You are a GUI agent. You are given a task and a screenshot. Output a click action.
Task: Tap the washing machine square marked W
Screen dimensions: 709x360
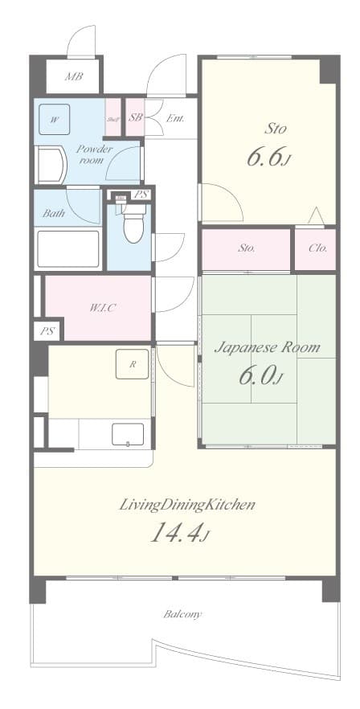point(54,120)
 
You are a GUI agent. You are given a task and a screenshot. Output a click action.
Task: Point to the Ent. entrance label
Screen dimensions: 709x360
point(175,119)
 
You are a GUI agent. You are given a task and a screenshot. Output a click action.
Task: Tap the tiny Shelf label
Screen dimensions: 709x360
point(112,120)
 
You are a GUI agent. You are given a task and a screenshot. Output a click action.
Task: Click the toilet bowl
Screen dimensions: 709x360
point(133,224)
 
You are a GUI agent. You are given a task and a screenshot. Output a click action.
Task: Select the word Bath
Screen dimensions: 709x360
point(54,214)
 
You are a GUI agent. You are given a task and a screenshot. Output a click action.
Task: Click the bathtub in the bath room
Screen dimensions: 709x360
point(68,249)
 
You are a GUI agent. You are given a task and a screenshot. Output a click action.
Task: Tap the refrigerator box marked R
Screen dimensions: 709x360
point(131,364)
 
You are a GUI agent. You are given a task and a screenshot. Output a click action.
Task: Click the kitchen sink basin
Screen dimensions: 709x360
point(127,435)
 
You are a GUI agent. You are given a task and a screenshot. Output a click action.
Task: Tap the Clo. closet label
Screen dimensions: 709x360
point(317,248)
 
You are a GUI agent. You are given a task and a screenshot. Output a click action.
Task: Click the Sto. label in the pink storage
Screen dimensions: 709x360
point(246,248)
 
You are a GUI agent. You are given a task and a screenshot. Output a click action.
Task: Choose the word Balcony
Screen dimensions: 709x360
point(182,614)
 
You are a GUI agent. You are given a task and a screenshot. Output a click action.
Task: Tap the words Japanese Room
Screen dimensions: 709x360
point(266,347)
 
